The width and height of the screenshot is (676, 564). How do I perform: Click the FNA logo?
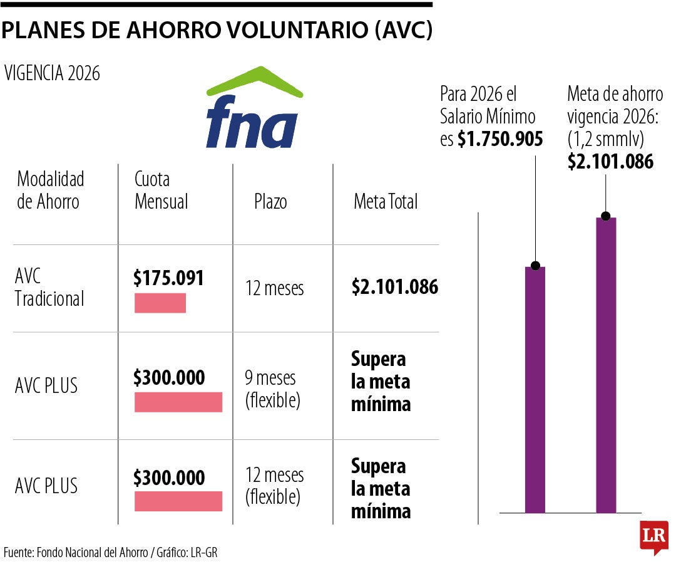click(x=253, y=110)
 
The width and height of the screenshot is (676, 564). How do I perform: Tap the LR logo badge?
click(x=654, y=537)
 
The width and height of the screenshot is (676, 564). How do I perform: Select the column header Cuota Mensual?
click(x=161, y=191)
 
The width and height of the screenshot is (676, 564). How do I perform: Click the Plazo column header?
click(x=270, y=202)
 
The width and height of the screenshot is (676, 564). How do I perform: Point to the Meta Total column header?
click(x=386, y=202)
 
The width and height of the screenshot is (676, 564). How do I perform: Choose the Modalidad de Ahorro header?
click(x=50, y=191)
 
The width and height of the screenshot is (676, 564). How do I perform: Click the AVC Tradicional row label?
click(x=49, y=288)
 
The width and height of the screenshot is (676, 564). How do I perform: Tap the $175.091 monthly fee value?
click(x=168, y=278)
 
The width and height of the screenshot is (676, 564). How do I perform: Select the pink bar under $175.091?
click(x=160, y=303)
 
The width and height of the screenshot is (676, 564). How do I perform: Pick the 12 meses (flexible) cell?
click(x=274, y=486)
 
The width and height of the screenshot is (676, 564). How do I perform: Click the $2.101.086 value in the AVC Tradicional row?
click(x=394, y=287)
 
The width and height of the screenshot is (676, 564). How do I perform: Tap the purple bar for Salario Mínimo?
click(x=535, y=389)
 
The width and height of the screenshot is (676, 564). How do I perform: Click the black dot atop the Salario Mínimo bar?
click(x=535, y=266)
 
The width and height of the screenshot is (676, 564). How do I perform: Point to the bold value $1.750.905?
click(x=500, y=138)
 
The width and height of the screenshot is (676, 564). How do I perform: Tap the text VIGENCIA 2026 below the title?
click(x=52, y=73)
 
